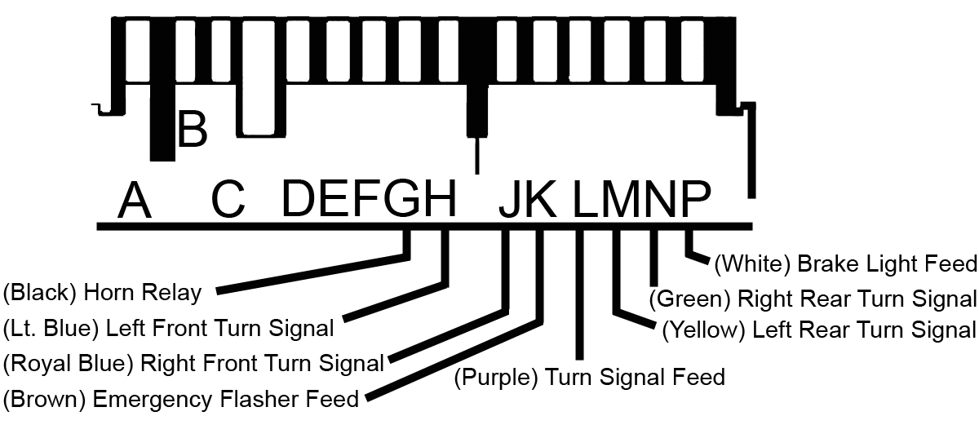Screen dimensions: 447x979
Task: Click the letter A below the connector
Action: click(135, 200)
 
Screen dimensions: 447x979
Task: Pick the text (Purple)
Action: click(496, 378)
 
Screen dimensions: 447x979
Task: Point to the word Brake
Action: click(825, 264)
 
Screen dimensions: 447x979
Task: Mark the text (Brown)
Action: click(45, 400)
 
